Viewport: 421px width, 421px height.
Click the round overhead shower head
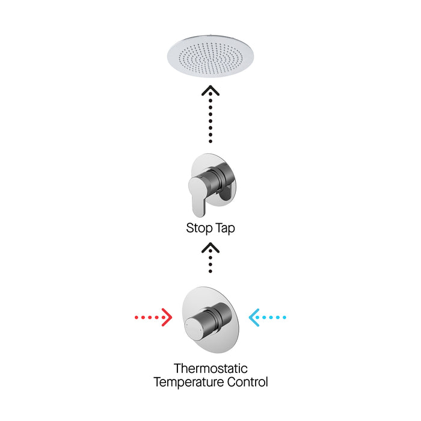click(x=210, y=56)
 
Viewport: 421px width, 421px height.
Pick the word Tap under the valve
click(x=225, y=229)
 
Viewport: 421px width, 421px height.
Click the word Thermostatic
click(x=210, y=368)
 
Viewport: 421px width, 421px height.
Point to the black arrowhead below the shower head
click(x=210, y=91)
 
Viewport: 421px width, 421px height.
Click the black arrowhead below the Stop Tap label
click(x=210, y=247)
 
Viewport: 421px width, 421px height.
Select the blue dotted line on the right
click(x=275, y=316)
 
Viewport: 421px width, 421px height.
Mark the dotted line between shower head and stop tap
click(x=210, y=120)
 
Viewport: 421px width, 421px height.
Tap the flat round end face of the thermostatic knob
click(x=192, y=328)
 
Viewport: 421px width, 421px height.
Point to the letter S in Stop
click(x=190, y=229)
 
